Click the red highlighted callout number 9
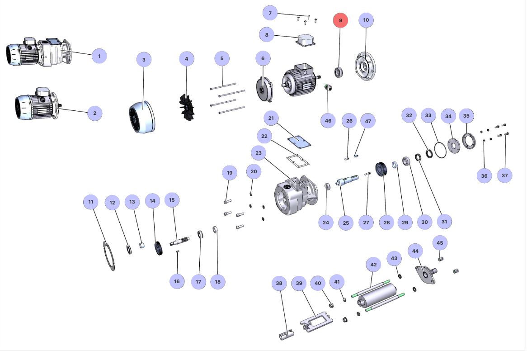point(340,20)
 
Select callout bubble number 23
point(259,153)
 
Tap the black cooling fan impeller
point(186,107)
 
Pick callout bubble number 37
point(505,175)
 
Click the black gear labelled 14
point(159,249)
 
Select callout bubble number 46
point(328,121)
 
